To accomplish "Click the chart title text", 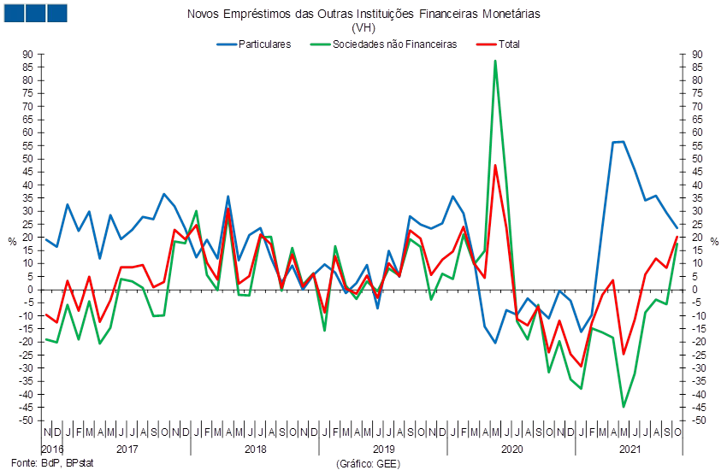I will coord(363,15).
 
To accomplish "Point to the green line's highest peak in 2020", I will coord(495,61).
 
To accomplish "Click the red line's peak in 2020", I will coord(495,166).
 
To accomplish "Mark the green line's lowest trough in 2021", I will coord(624,407).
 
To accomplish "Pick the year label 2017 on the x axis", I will coord(127,449).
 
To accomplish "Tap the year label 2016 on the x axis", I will coord(52,449).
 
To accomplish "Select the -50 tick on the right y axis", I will coord(698,420).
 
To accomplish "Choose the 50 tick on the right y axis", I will coord(698,158).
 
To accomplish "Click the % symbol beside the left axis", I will coord(12,241).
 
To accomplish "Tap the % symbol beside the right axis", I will coord(717,241).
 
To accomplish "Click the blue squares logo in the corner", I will coord(35,13).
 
